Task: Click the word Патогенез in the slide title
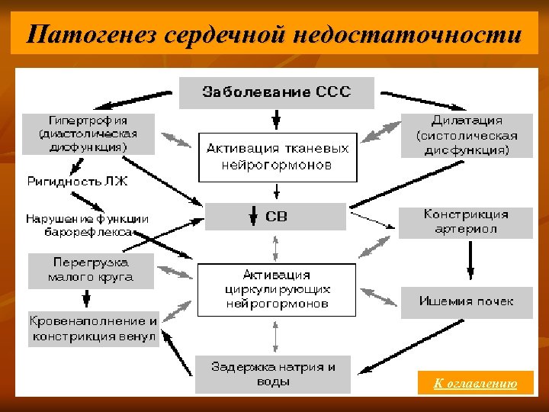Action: pos(79,34)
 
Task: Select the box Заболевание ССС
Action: pos(276,92)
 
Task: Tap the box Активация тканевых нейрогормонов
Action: pos(278,157)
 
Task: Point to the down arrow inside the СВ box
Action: pos(253,217)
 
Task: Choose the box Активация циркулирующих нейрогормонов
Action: pos(277,289)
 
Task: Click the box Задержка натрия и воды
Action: pos(272,374)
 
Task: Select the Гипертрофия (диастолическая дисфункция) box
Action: pos(88,134)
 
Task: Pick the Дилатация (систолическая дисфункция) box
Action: pos(467,135)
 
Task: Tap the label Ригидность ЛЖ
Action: pos(66,182)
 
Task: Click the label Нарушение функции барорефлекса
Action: pos(87,224)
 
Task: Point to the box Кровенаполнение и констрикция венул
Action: pos(94,329)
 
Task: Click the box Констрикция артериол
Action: pos(466,222)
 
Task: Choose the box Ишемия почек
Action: pos(466,301)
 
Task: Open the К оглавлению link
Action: pos(475,384)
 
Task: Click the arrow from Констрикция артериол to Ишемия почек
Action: pos(470,262)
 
